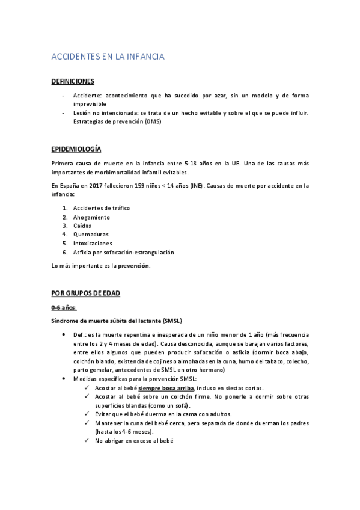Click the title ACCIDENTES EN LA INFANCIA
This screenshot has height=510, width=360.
click(x=108, y=57)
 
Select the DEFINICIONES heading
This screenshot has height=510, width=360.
click(x=73, y=81)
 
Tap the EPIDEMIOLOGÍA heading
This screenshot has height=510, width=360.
click(x=76, y=149)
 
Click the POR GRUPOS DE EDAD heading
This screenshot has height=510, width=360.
click(x=86, y=293)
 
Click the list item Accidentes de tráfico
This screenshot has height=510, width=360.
click(x=101, y=208)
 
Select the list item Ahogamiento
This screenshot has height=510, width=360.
click(x=92, y=217)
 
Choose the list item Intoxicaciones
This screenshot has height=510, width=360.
click(x=93, y=243)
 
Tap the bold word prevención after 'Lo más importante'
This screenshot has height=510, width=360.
click(x=133, y=265)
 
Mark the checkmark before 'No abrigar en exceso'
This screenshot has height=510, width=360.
click(x=88, y=441)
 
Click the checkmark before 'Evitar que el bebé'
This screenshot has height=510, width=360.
click(x=88, y=414)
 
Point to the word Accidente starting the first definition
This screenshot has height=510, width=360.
click(x=88, y=96)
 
